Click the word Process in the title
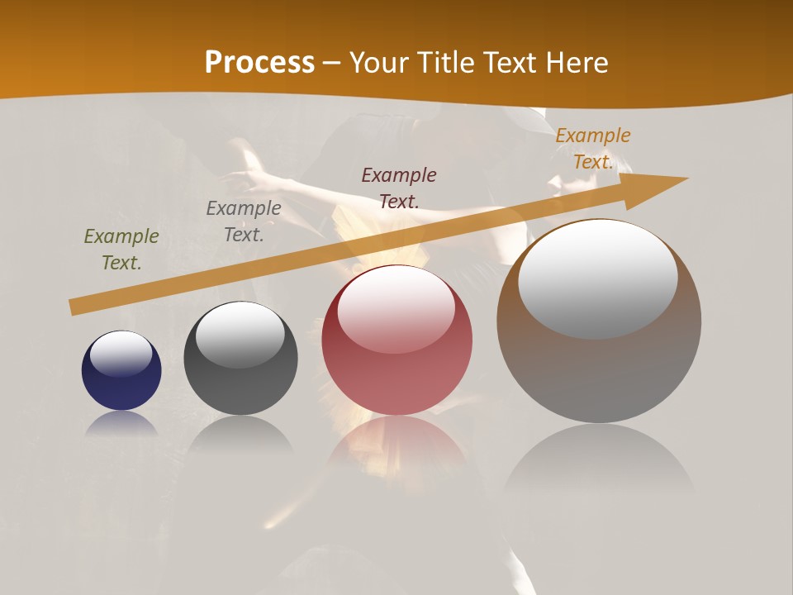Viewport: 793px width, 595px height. click(x=259, y=63)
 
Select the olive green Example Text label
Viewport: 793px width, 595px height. click(x=121, y=250)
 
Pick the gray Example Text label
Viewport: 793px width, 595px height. click(x=244, y=221)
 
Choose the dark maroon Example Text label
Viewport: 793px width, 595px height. click(x=399, y=188)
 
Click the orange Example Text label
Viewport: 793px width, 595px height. click(x=593, y=149)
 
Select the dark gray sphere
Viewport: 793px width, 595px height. click(x=240, y=388)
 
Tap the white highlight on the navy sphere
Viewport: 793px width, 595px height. click(x=121, y=353)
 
